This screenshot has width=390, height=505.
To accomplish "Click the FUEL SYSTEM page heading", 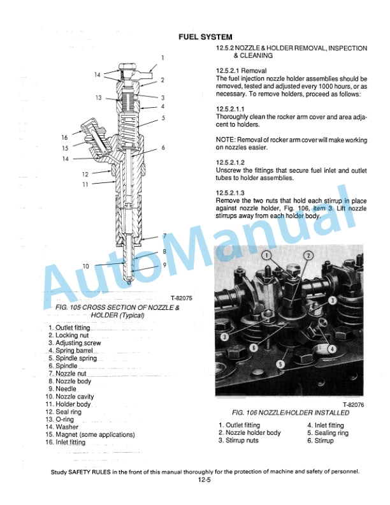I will tap(204, 37).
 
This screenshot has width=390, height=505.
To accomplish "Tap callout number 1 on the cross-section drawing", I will tap(162, 58).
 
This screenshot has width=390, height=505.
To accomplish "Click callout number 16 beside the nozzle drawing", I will tap(64, 138).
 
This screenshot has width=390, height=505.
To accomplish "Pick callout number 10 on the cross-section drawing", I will tap(85, 265).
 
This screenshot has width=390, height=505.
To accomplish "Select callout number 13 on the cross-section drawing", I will tap(99, 98).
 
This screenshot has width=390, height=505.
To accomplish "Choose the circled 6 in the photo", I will tap(254, 348).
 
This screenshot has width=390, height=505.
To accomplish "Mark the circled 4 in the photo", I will tap(332, 349).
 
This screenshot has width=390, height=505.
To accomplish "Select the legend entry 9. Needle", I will tap(62, 389).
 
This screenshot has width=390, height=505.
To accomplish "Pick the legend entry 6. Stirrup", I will tap(320, 441).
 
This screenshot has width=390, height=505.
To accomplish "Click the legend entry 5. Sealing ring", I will tap(328, 433).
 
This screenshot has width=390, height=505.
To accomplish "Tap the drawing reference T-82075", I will tap(182, 298).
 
